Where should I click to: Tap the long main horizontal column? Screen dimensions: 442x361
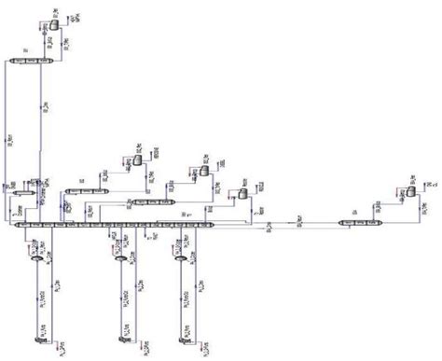click(112, 225)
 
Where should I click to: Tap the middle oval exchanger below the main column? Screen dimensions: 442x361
click(120, 261)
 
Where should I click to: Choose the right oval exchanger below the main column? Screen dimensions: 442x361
click(180, 261)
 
